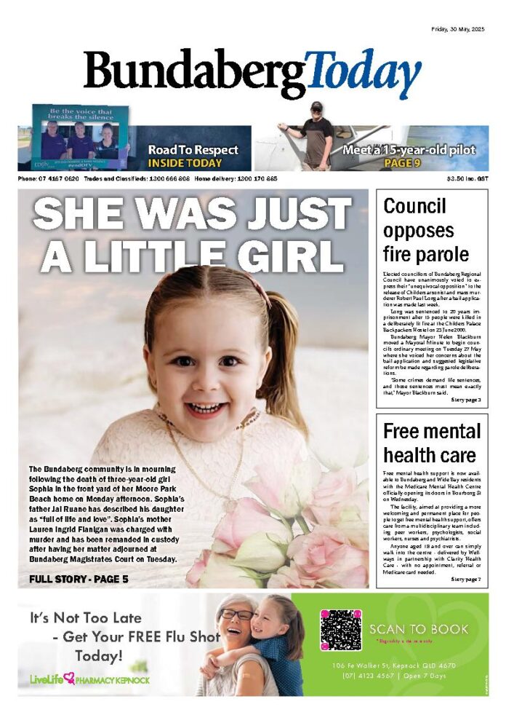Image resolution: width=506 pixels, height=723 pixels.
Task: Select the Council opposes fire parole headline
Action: click(426, 230)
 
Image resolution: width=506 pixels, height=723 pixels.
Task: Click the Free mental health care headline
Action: click(431, 443)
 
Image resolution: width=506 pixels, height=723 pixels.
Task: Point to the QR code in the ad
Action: click(341, 630)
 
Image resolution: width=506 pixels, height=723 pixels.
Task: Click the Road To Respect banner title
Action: click(193, 150)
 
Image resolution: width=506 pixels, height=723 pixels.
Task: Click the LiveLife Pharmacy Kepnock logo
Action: click(89, 679)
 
